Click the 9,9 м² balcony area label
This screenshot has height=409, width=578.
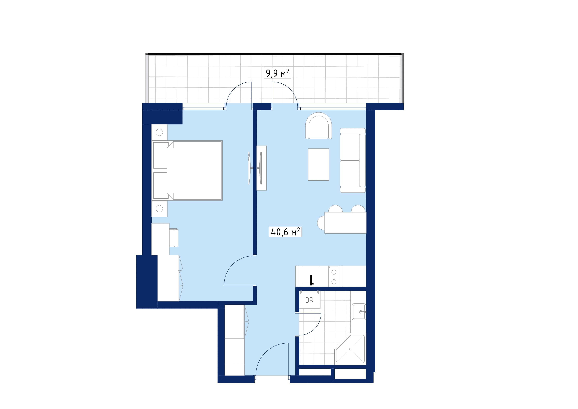click(277, 73)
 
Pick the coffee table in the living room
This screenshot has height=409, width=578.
click(318, 165)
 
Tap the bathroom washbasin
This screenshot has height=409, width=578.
click(359, 312)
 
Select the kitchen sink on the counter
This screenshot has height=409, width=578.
click(311, 275)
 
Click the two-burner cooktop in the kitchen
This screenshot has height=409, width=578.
click(334, 276)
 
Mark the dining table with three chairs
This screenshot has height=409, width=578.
click(345, 223)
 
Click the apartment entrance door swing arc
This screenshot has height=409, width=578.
click(267, 353)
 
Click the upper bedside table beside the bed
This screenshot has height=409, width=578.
click(159, 132)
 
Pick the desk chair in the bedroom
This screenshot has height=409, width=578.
click(174, 238)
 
